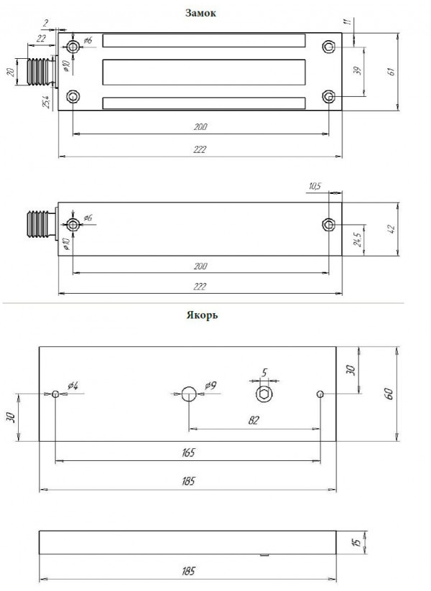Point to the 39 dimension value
tap(358, 71)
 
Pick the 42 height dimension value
tap(391, 229)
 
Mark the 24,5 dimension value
tap(356, 238)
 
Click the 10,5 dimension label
tap(314, 187)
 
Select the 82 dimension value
tap(254, 420)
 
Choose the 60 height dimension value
tap(389, 394)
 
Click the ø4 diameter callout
tap(73, 386)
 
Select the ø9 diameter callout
tap(210, 386)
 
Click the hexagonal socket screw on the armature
tap(264, 394)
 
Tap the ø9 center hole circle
tap(188, 394)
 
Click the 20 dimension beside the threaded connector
tap(10, 73)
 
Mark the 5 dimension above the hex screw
tap(264, 372)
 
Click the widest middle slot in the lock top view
tap(205, 72)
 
